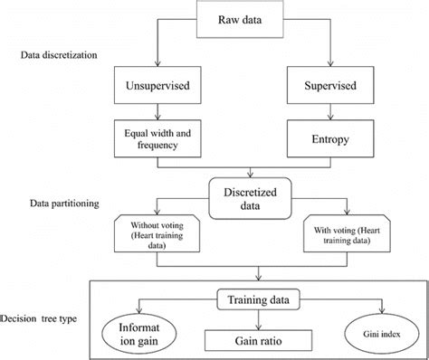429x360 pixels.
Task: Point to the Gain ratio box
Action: click(262, 340)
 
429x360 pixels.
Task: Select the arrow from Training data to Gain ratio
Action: click(262, 317)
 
